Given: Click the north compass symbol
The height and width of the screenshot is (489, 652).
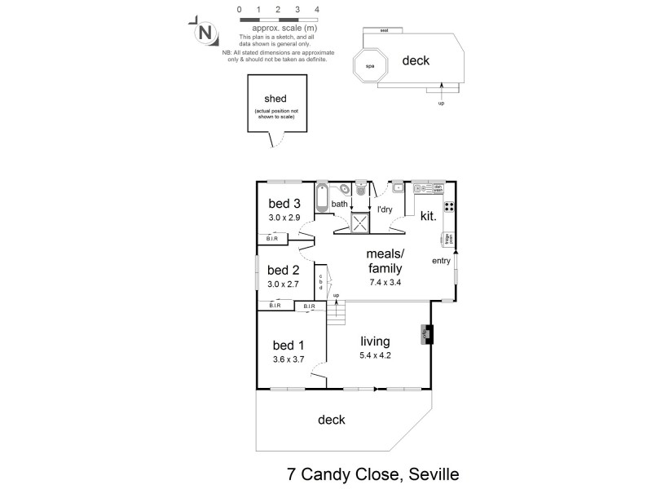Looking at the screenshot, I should [205, 33].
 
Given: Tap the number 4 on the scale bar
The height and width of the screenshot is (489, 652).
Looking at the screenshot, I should [316, 9].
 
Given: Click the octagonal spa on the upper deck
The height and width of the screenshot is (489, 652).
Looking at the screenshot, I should [369, 66].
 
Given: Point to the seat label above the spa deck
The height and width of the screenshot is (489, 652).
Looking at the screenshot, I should [384, 30].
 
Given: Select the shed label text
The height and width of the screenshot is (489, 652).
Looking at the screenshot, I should [272, 99].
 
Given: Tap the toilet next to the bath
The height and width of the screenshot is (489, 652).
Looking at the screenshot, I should [361, 189].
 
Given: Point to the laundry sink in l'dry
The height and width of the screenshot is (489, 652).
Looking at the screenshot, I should [397, 188].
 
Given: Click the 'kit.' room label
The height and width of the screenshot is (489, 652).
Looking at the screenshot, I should [428, 218].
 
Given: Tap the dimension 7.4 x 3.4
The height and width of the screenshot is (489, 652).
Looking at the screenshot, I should [385, 282].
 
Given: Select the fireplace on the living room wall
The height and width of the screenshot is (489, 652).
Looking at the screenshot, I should [427, 334].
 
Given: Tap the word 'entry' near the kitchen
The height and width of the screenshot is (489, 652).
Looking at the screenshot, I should [441, 261].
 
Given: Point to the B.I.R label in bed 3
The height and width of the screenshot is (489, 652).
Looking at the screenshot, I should [272, 239].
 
